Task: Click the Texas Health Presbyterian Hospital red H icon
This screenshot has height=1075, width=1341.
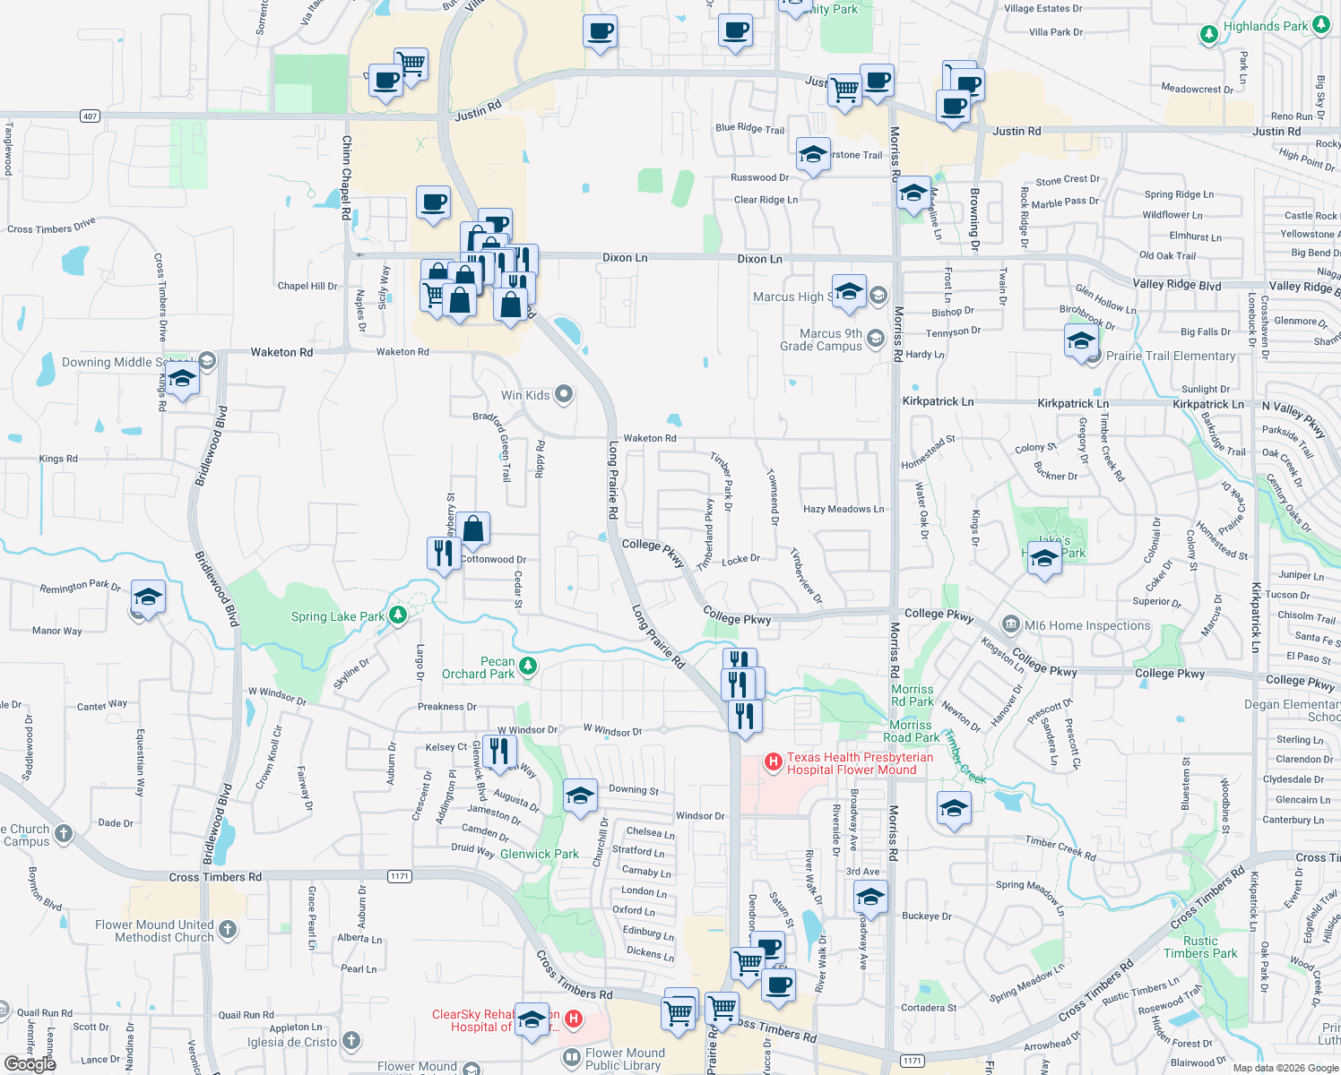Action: pos(772,762)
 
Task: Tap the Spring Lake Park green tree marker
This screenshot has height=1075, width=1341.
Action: pos(397,615)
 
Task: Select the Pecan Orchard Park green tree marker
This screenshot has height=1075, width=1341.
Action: pos(528,666)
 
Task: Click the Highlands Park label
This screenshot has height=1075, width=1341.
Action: pos(1265,27)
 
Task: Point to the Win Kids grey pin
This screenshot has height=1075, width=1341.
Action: pos(564,394)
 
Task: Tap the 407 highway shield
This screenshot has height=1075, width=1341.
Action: pos(90,116)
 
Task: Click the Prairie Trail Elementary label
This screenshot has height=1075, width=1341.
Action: pos(1171,356)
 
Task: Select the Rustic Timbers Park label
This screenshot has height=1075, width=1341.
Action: pos(1200,947)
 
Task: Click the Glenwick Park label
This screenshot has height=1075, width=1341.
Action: pos(539,854)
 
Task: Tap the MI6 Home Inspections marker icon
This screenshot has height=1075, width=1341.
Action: pos(1011,624)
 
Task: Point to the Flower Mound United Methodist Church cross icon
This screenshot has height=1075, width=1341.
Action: pos(228,929)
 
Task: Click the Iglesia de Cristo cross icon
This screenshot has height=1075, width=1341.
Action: pos(351,1041)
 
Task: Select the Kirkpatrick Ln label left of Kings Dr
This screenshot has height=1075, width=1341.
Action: pos(938,402)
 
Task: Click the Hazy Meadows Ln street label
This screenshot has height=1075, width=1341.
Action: pos(843,509)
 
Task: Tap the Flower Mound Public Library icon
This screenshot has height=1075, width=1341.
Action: pos(572,1058)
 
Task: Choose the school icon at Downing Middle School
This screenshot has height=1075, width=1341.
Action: pos(182,379)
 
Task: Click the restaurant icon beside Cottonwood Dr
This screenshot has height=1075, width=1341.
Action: pos(444,553)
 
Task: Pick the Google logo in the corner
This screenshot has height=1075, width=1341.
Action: pos(30,1063)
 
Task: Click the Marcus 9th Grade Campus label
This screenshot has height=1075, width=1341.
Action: pos(820,340)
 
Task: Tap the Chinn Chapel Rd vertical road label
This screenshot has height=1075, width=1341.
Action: pos(346,177)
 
